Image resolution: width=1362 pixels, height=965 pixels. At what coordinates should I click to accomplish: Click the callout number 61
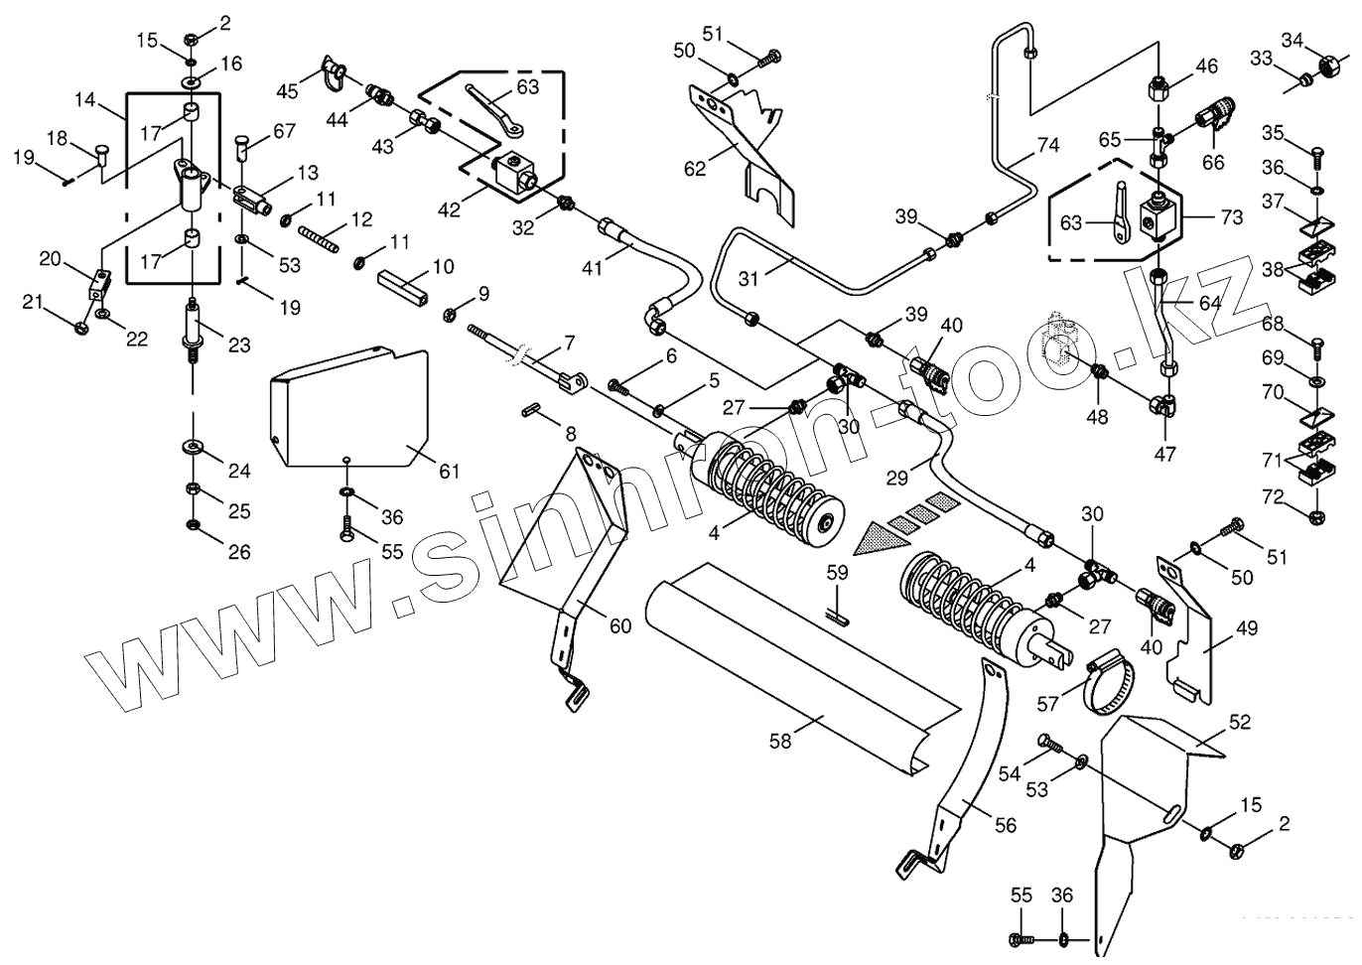tap(450, 471)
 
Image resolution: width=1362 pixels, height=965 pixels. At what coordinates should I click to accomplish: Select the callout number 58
tap(780, 741)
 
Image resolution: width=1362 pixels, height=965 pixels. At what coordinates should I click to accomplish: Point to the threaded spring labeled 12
tap(317, 239)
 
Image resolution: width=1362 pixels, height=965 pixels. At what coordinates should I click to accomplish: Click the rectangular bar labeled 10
tap(402, 289)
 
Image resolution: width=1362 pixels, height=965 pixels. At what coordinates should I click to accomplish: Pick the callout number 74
tap(1048, 145)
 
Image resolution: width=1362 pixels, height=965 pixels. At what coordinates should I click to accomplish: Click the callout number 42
tap(450, 209)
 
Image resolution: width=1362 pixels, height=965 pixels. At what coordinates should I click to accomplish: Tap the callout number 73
tap(1232, 217)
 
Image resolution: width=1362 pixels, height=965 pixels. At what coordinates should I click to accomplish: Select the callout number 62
tap(695, 169)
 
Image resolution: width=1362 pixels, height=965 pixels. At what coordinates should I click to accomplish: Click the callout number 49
tap(1247, 628)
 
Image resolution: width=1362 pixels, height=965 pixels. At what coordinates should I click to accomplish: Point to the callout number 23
tap(239, 345)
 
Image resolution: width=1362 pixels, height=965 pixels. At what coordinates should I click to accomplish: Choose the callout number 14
tap(85, 99)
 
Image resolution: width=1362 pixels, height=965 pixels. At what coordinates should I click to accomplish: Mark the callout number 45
tap(287, 91)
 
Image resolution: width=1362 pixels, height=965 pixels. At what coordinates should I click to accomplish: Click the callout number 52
tap(1240, 722)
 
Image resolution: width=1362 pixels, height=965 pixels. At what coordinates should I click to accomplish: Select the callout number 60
tap(620, 625)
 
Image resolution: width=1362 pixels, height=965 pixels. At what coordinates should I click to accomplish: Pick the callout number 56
tap(1006, 825)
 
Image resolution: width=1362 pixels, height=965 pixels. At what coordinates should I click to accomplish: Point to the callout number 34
tap(1293, 40)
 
